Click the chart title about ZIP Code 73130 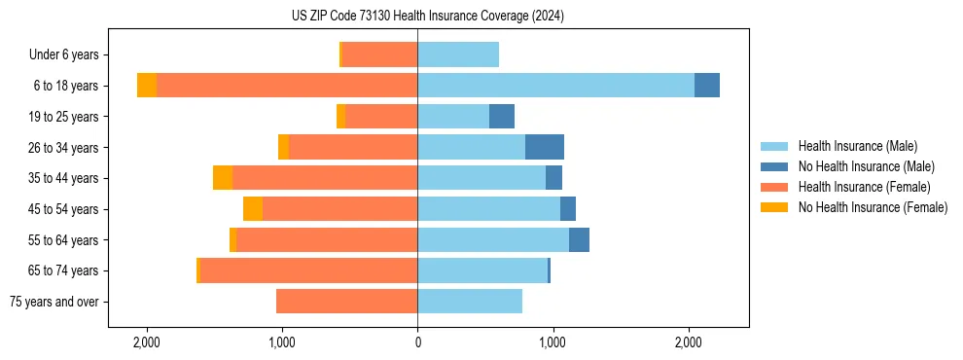427,17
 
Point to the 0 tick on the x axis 417,342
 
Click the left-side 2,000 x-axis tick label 147,342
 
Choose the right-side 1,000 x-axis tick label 553,342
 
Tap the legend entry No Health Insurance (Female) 872,207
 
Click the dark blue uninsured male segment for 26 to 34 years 545,147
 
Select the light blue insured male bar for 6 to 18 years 555,86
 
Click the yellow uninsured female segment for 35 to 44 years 223,178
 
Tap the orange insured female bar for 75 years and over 346,302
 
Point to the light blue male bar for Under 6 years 458,54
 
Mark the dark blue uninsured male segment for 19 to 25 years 502,117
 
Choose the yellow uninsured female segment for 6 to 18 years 147,86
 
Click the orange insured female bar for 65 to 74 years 308,270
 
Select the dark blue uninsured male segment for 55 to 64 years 579,239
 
